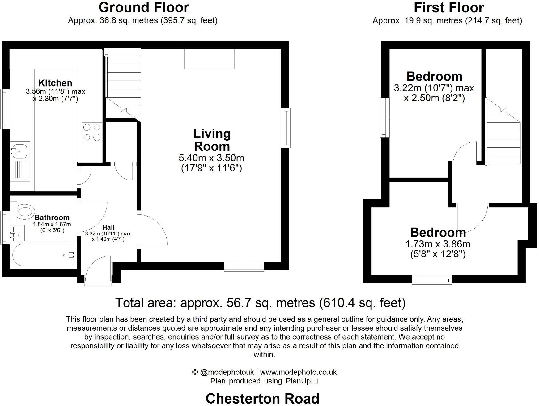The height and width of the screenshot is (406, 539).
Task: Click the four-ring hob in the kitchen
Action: point(92,132)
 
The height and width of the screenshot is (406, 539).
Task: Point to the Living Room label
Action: point(212,140)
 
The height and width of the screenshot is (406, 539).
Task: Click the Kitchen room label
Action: point(55,83)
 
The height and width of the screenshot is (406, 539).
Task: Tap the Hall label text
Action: point(108,227)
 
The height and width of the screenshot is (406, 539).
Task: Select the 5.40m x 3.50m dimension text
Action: point(211,158)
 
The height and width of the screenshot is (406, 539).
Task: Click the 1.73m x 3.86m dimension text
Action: point(438,244)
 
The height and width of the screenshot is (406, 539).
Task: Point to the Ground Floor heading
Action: point(143,7)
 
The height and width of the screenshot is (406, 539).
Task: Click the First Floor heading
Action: point(448,7)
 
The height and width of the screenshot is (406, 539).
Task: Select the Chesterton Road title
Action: point(262,399)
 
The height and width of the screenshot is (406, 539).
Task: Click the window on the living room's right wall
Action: point(287,128)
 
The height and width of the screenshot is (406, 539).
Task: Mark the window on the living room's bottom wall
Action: point(244,266)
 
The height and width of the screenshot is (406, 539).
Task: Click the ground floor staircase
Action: point(123,83)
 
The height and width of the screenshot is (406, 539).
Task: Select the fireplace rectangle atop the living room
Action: point(209,59)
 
